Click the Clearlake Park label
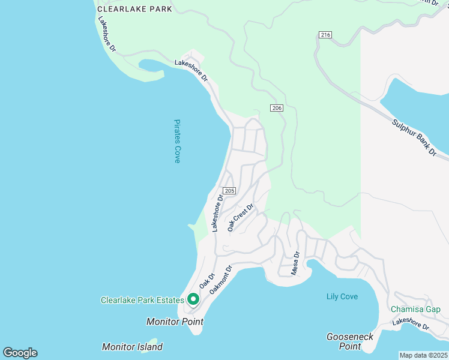pos(134,9)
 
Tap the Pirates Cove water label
pos(177,141)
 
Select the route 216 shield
pos(325,35)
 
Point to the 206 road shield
pos(276,108)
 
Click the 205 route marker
pos(231,190)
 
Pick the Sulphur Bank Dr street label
pos(414,138)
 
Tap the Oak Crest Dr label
pos(241,217)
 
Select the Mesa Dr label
pos(295,263)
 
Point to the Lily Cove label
pos(342,296)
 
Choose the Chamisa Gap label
pos(415,309)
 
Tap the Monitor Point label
pos(175,322)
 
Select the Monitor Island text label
pos(132,347)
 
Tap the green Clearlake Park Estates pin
pos(193,298)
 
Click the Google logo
pos(20,353)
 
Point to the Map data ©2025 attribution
pos(424,355)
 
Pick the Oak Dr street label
pos(207,282)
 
